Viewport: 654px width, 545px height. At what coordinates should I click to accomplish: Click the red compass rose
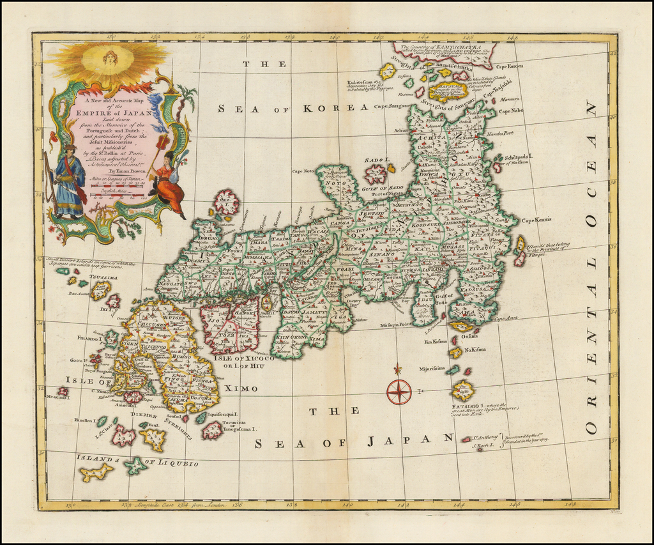[399, 391]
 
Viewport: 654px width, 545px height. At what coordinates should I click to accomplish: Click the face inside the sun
[110, 58]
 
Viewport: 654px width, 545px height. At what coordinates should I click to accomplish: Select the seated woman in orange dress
[168, 185]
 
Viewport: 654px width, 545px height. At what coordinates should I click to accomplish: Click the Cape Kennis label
[536, 220]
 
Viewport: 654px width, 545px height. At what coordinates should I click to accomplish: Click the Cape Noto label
[305, 171]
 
